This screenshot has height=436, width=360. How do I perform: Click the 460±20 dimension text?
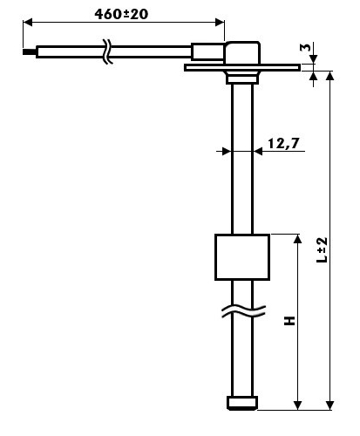click(x=121, y=14)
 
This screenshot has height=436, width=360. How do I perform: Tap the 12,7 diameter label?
click(x=283, y=143)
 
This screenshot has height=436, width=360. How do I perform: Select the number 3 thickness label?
click(x=305, y=47)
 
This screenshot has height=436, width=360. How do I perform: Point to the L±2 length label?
click(x=322, y=249)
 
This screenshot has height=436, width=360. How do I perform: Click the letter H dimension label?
click(x=289, y=320)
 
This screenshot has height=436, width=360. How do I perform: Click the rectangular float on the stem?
click(x=242, y=257)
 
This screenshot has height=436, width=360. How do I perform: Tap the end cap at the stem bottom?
click(x=242, y=403)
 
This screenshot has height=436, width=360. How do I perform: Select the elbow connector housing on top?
click(x=242, y=52)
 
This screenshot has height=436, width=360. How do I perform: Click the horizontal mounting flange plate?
click(x=242, y=68)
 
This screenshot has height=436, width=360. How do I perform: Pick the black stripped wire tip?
click(x=30, y=51)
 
